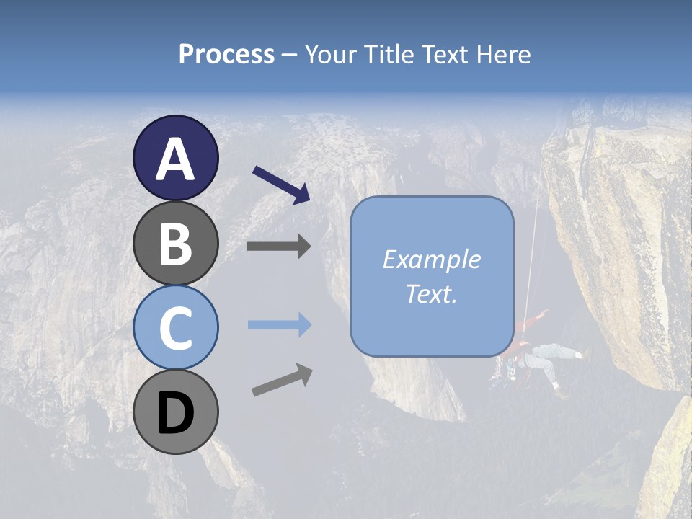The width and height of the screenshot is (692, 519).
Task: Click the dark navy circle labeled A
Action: [x=175, y=159]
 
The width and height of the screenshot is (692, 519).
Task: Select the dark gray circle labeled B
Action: [x=175, y=243]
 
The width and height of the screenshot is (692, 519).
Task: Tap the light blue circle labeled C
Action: [x=175, y=328]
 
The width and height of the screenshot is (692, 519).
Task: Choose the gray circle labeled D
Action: [x=175, y=412]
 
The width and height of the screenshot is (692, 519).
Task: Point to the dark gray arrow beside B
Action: [x=279, y=247]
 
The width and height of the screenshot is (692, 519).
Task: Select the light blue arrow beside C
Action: [x=279, y=325]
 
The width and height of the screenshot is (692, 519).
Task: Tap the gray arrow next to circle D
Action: [x=282, y=380]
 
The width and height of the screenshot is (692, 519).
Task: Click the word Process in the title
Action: [x=226, y=55]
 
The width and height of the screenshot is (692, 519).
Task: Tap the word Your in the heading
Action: [x=331, y=55]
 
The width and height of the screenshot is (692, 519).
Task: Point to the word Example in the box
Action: [x=431, y=259]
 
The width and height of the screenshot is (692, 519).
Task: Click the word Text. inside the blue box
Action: [x=431, y=294]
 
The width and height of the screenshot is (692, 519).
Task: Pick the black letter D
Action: [x=175, y=414]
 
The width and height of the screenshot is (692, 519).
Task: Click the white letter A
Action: [x=175, y=159]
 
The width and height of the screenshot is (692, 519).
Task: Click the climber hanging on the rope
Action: [x=541, y=357]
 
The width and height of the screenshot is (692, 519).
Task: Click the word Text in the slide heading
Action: [x=445, y=55]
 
